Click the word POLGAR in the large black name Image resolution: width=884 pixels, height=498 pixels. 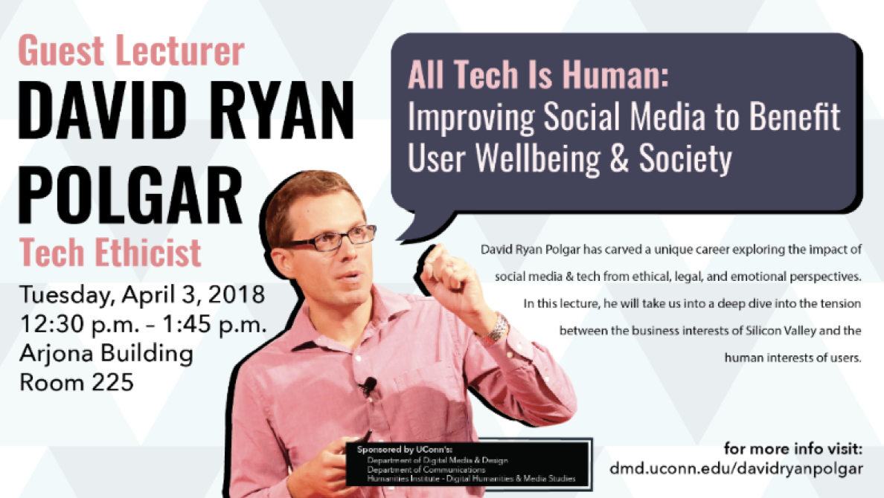(131, 195)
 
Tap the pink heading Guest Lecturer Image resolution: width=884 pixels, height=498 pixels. (132, 51)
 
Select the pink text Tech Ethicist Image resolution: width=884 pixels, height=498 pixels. (110, 252)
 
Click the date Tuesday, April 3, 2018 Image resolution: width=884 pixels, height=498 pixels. (142, 294)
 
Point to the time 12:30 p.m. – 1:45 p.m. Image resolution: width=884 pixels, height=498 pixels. (143, 325)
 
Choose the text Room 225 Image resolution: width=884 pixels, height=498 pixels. (77, 383)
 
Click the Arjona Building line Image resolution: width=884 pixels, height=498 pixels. (106, 354)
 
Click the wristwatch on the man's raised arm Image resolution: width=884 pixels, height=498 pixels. (496, 330)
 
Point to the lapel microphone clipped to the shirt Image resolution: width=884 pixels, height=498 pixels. (369, 386)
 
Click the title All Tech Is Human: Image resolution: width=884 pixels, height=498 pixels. (539, 75)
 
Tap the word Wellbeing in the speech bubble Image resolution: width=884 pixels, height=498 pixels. (538, 158)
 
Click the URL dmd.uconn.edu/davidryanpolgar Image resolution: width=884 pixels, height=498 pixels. (736, 469)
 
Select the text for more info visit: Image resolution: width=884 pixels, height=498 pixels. (793, 449)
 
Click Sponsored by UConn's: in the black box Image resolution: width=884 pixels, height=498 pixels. (405, 450)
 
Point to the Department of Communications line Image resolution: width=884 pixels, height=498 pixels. (426, 469)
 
